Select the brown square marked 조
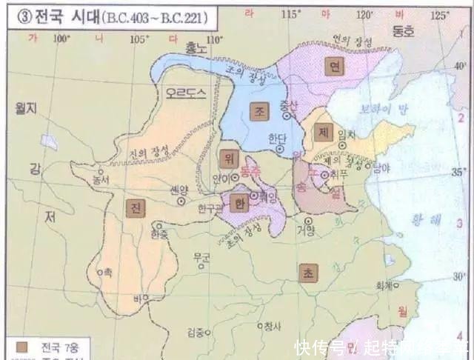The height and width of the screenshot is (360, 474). click(260, 110)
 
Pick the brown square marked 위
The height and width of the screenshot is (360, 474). click(227, 158)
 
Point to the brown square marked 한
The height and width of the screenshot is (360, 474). click(238, 201)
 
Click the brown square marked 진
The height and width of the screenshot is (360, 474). click(136, 208)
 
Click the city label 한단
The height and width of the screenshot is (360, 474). click(276, 137)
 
